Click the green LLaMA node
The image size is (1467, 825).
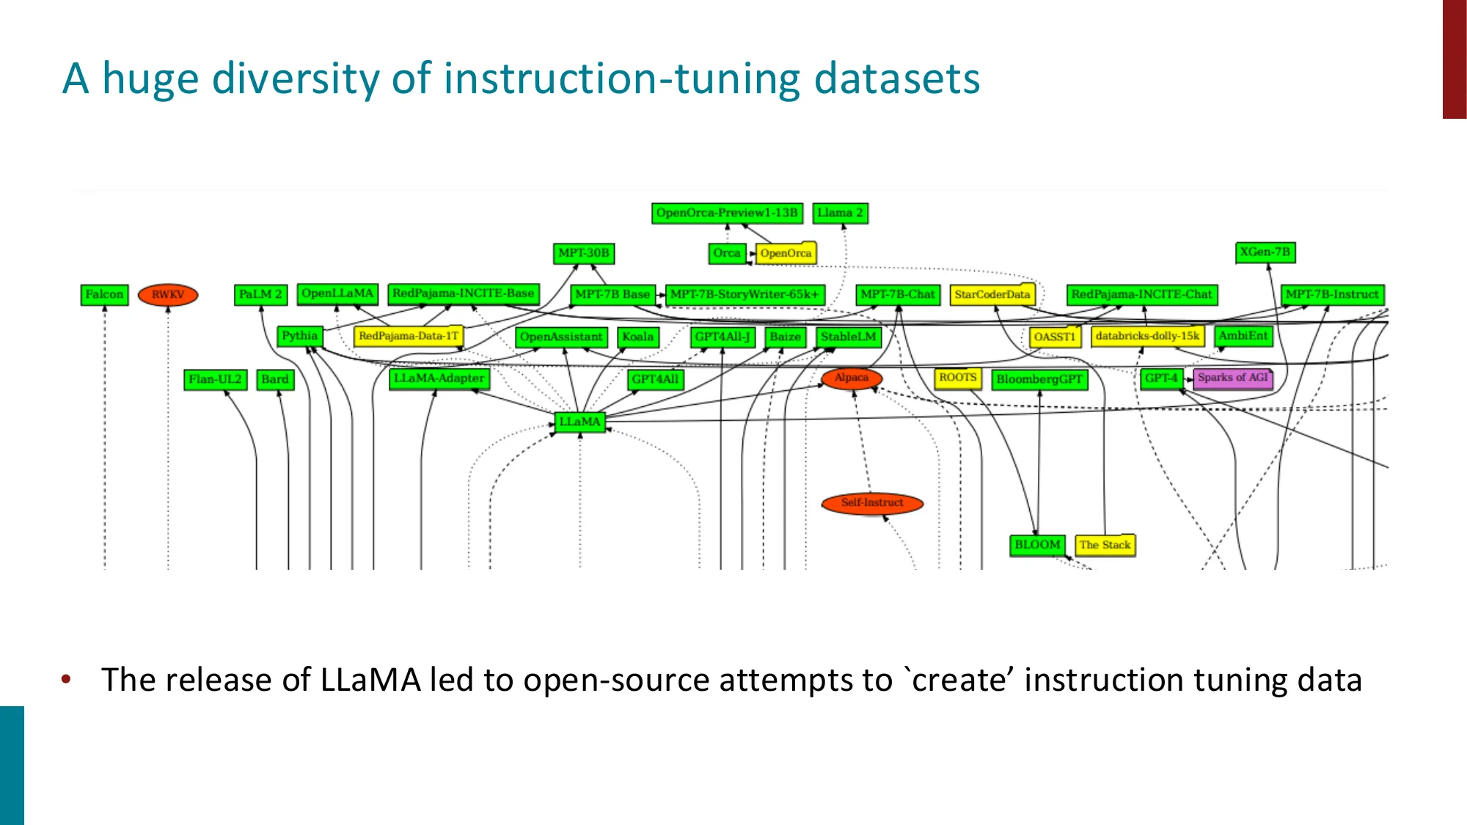[x=579, y=422]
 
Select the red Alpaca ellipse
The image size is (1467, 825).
[x=851, y=378]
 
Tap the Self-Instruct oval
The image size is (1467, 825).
[x=872, y=503]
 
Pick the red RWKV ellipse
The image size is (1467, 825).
[x=168, y=295]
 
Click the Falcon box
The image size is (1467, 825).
[x=104, y=295]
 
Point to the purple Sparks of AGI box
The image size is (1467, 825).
[x=1232, y=378]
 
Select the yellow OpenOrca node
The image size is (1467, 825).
[x=786, y=253]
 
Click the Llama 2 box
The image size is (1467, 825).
[x=840, y=213]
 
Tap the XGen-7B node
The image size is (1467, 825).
[x=1265, y=252]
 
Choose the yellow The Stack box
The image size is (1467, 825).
[x=1105, y=545]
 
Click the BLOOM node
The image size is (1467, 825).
[x=1037, y=545]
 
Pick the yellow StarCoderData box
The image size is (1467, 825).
[x=992, y=295]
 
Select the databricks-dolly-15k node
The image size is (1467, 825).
[x=1147, y=336]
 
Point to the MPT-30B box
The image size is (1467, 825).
[x=583, y=253]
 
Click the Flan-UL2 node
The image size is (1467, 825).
[x=215, y=379]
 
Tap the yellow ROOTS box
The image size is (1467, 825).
[x=957, y=378]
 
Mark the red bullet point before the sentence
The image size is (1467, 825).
[x=67, y=679]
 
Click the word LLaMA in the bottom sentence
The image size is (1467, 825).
[x=370, y=680]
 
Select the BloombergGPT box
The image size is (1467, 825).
[x=1039, y=379]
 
